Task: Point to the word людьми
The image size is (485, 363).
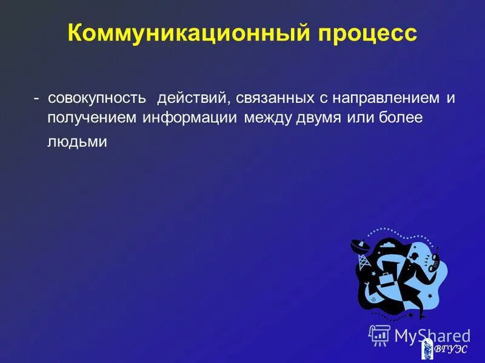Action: coord(77,142)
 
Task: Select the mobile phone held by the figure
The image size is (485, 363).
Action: coord(434,260)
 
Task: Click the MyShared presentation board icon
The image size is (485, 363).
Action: coord(380,334)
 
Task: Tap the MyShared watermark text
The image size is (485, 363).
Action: coord(432,336)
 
